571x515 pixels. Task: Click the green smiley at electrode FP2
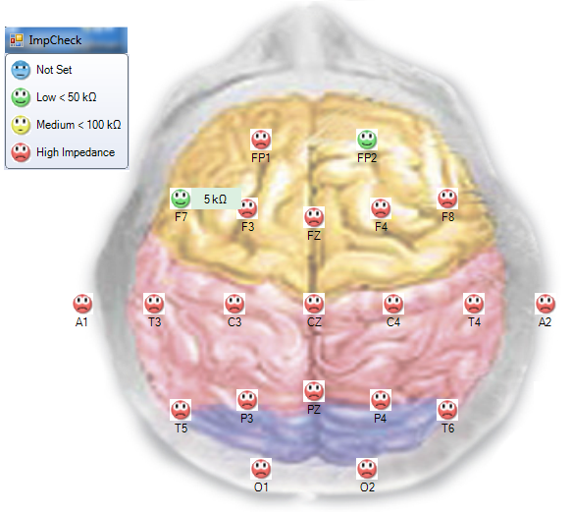tap(367, 140)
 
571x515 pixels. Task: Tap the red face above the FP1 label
tap(261, 140)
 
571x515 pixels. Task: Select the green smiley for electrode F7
tap(181, 199)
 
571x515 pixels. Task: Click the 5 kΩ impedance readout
tap(215, 200)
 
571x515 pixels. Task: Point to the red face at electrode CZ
tap(314, 304)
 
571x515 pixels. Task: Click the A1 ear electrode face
tap(82, 304)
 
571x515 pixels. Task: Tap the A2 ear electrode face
tap(545, 304)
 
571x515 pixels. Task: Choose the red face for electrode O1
tap(261, 469)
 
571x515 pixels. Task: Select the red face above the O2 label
tap(367, 469)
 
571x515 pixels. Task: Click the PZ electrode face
tap(314, 391)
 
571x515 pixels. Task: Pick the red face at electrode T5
tap(181, 410)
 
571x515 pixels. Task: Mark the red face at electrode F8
tap(447, 199)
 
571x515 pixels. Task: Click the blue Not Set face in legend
tap(21, 70)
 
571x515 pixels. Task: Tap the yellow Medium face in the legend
tap(21, 125)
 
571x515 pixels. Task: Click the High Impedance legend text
tap(76, 152)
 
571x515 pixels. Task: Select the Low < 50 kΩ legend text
tap(67, 97)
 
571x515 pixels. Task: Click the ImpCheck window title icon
tap(17, 40)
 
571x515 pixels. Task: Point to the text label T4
tap(474, 322)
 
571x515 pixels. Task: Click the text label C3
tap(234, 322)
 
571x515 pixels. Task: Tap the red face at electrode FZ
tap(314, 217)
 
